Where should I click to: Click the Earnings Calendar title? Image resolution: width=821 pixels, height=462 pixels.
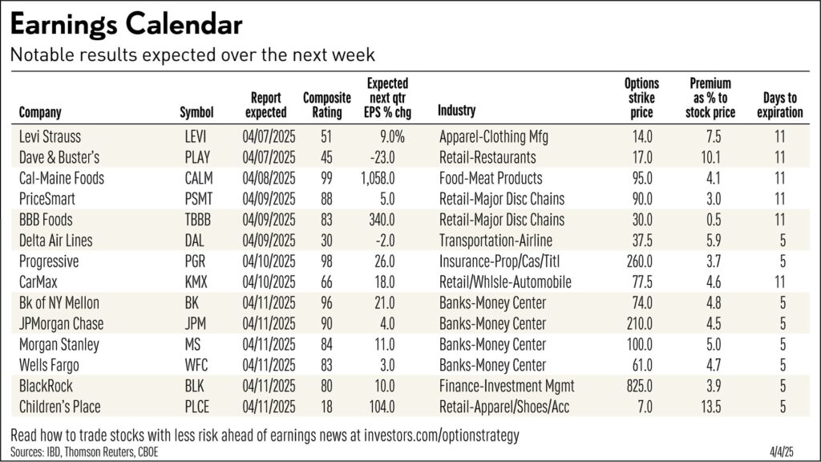click(x=127, y=24)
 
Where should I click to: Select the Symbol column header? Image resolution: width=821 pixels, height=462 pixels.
click(x=196, y=112)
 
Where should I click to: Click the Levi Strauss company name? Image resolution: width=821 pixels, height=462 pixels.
click(x=50, y=136)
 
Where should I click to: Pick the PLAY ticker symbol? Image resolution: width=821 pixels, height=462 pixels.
click(x=198, y=157)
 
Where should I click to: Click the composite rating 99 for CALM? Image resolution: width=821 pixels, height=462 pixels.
click(x=326, y=178)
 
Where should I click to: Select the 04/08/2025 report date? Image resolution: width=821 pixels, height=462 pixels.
click(x=269, y=178)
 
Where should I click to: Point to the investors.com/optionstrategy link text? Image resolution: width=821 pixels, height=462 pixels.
click(x=432, y=436)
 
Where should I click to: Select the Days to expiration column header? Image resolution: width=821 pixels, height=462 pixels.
click(x=779, y=105)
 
